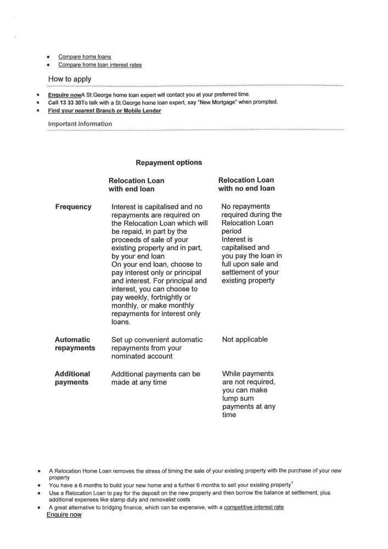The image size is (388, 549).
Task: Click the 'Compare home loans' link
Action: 85,56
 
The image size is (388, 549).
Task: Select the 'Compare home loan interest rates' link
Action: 100,65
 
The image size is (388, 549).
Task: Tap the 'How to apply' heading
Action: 70,79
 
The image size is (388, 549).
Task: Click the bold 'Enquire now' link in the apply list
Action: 64,94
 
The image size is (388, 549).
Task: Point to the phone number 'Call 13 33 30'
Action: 65,103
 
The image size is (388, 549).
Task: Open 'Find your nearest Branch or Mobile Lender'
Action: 105,111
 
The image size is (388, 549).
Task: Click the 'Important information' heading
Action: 80,124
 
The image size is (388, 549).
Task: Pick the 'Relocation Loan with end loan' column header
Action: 136,184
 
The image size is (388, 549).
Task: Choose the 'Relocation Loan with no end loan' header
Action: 246,184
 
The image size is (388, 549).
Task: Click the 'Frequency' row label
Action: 73,207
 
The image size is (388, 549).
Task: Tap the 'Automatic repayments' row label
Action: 75,344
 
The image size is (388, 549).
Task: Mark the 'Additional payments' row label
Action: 72,378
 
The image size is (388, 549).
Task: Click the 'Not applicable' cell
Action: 245,340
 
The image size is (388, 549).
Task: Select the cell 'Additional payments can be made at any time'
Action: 155,378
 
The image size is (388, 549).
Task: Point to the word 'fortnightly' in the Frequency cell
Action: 168,297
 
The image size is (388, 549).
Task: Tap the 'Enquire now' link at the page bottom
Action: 64,515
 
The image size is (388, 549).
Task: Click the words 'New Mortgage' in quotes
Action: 204,103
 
